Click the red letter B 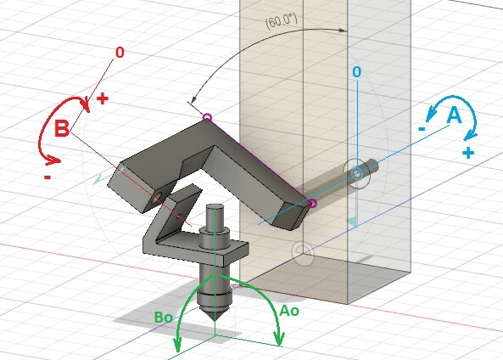pos(62,129)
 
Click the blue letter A pos(454,115)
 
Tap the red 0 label pos(119,53)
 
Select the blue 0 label pos(357,73)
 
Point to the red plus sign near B pos(102,98)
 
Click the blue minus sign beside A pos(421,127)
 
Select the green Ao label pos(289,312)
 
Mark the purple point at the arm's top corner pos(208,117)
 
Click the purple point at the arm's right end pos(312,203)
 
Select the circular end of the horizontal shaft pos(357,174)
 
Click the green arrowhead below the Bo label pos(178,347)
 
